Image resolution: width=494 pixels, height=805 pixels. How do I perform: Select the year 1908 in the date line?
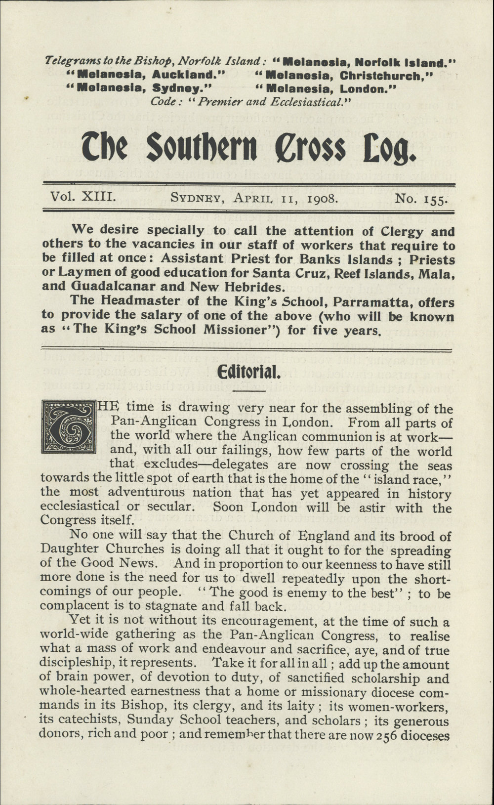(323, 199)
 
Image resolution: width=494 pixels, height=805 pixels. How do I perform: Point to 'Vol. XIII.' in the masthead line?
(83, 198)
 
